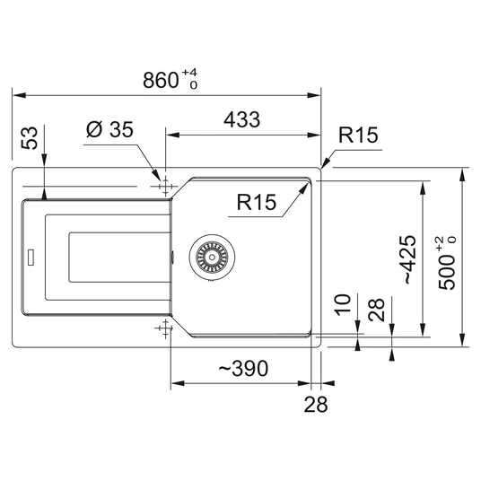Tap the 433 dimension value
coord(242,119)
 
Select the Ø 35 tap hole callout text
coord(109,129)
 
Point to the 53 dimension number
coord(30,138)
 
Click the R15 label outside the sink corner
coord(358,135)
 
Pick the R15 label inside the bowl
coord(257,202)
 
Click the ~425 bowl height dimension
coord(410,259)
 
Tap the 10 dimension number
coord(342,304)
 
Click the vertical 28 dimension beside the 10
coord(376,310)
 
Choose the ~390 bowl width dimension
coord(243,368)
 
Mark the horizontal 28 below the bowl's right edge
coord(316,404)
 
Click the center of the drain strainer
coord(212,257)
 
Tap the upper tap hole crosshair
coord(165,186)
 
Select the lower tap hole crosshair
coord(165,328)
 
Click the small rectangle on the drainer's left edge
coord(31,257)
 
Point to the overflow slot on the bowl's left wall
coord(172,257)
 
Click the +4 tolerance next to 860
coord(189,73)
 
